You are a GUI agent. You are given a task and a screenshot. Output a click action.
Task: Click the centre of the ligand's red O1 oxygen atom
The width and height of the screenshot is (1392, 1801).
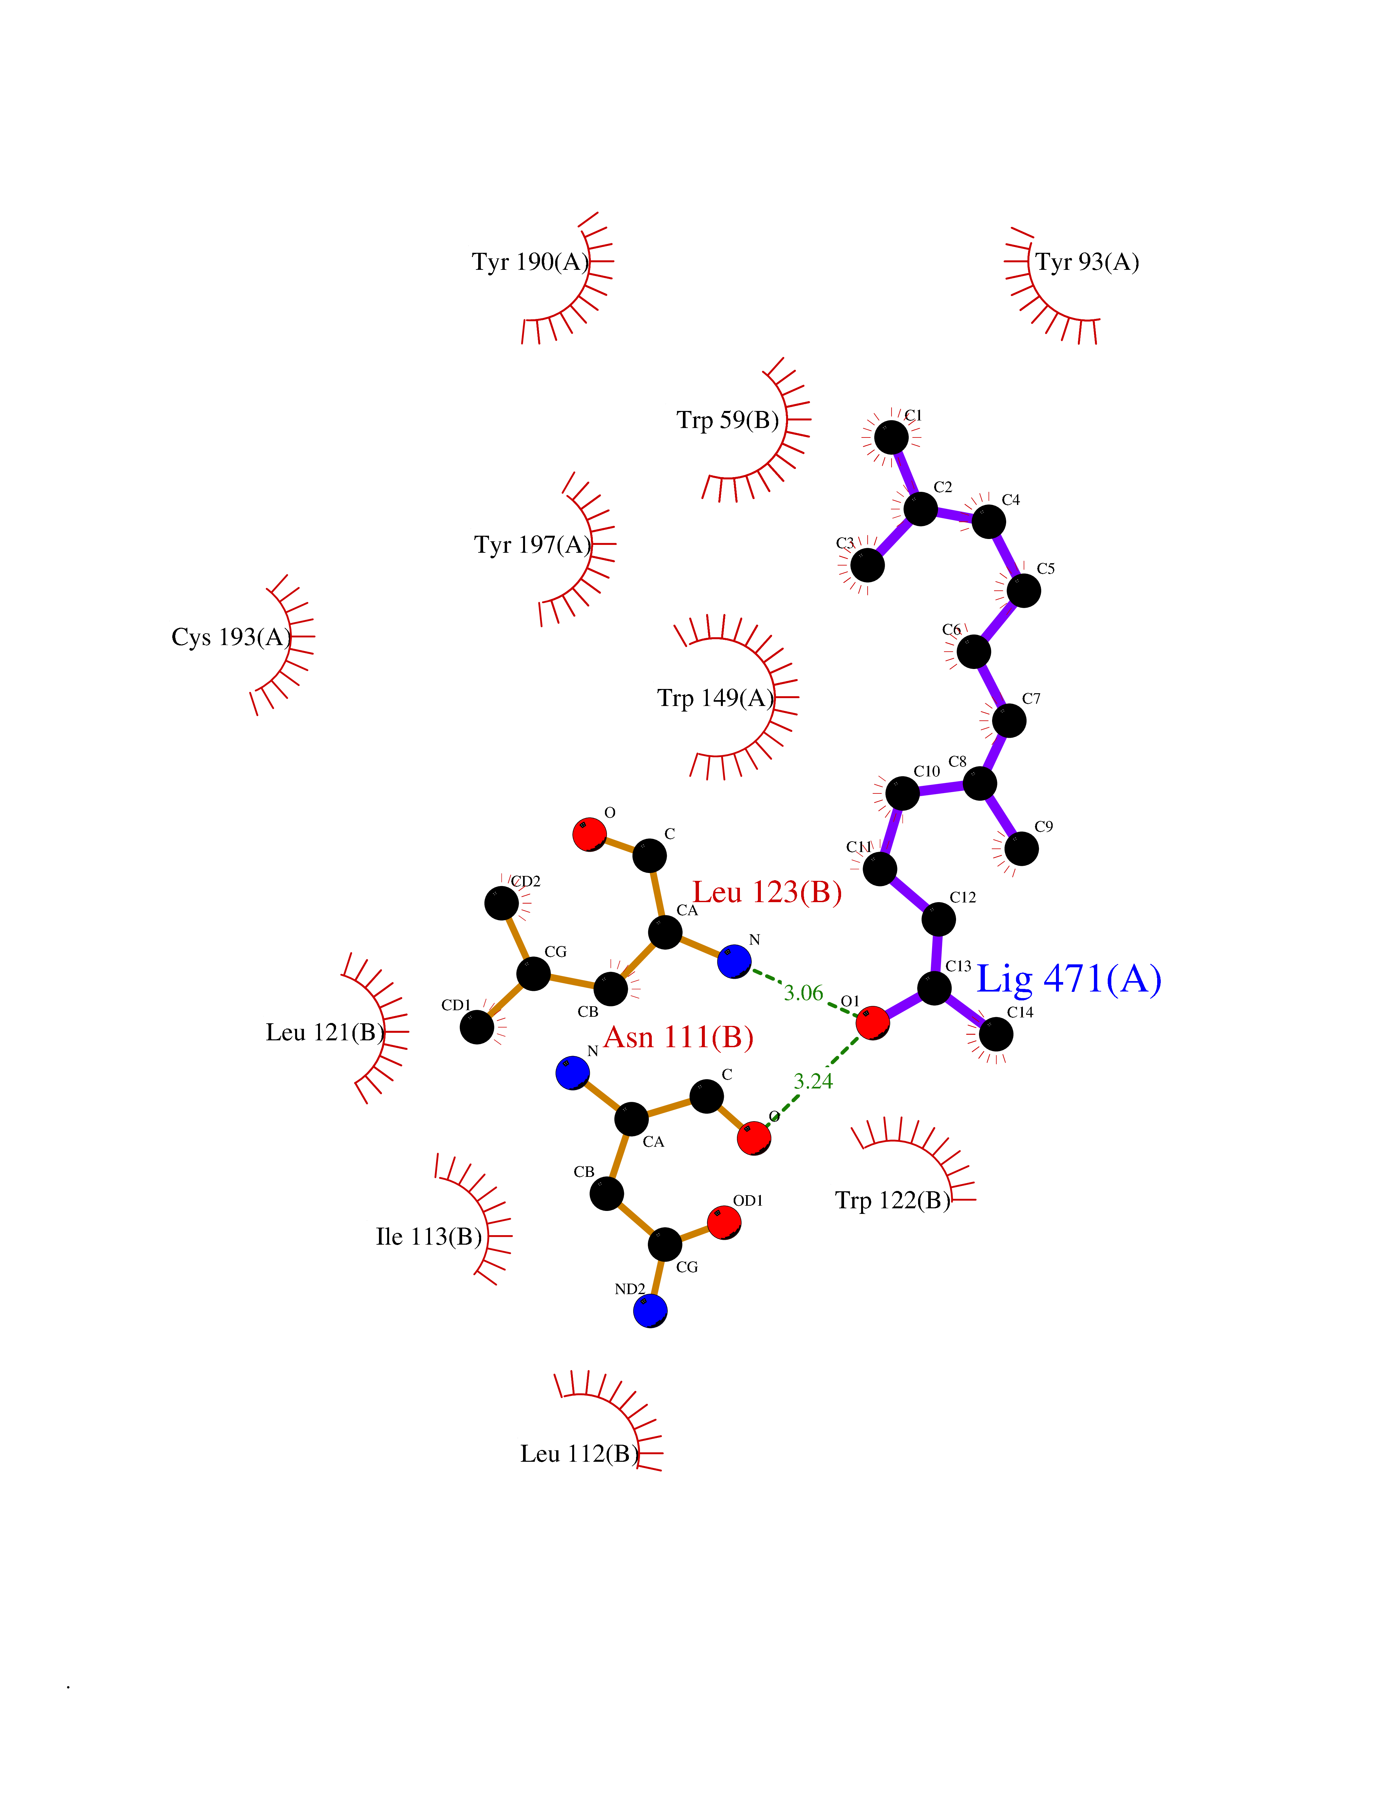point(873,1023)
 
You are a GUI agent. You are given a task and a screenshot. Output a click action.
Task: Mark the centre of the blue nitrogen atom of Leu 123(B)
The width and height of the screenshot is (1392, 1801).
point(734,961)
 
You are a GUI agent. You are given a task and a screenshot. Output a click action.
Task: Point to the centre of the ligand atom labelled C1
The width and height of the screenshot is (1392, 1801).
point(892,437)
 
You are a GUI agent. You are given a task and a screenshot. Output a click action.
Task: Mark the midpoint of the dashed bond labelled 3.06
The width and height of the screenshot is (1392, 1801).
point(803,992)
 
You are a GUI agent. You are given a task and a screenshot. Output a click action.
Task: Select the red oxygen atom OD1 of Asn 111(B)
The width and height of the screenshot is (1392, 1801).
point(723,1222)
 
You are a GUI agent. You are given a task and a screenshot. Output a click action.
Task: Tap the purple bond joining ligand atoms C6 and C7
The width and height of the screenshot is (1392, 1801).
point(991,686)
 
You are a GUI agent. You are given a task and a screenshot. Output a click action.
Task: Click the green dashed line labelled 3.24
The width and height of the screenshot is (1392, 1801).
point(813,1080)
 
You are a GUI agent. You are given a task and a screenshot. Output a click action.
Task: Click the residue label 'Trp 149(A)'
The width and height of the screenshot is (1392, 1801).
point(716,698)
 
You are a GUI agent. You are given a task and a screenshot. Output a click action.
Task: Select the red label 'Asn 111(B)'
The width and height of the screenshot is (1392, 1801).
point(679,1037)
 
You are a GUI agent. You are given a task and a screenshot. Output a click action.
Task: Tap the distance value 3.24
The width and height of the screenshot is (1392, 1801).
point(813,1081)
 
